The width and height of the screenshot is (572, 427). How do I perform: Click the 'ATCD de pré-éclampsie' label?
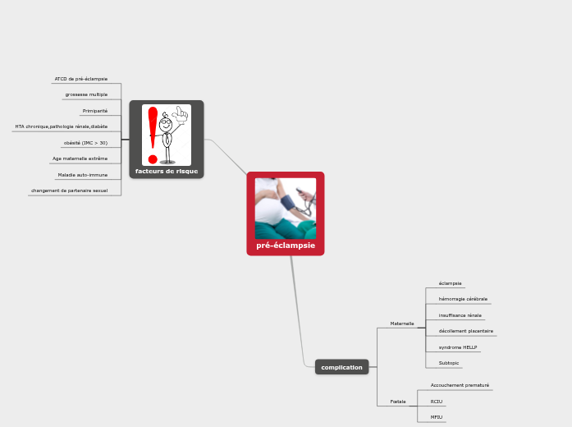tap(81, 79)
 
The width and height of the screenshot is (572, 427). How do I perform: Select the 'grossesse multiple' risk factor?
tap(86, 94)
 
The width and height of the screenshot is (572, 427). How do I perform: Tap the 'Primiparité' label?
tap(95, 111)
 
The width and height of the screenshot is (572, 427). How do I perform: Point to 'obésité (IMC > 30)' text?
tap(85, 143)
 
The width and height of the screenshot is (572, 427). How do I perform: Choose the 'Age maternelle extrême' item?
tap(80, 158)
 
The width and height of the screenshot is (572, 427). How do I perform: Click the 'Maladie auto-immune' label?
tap(82, 175)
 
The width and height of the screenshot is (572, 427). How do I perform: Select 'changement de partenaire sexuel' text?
tap(69, 191)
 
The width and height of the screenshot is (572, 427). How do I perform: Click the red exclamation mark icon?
tap(153, 135)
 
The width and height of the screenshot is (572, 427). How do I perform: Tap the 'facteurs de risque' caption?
tap(167, 172)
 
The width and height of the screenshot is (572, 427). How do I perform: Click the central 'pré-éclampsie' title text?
tap(286, 246)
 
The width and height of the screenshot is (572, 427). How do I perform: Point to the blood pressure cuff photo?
tap(286, 209)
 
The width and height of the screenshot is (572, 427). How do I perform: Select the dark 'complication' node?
tap(341, 367)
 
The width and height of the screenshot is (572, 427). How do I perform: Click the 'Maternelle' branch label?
tap(402, 324)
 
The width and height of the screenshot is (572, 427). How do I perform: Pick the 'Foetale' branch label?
tap(398, 402)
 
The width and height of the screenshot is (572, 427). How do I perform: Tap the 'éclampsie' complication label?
tap(450, 283)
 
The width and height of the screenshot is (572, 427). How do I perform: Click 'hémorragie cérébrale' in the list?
tap(463, 299)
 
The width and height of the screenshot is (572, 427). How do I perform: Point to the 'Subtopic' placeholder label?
tap(449, 363)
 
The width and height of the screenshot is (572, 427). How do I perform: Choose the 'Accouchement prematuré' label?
tap(460, 385)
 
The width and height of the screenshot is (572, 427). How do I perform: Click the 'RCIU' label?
tap(437, 402)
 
